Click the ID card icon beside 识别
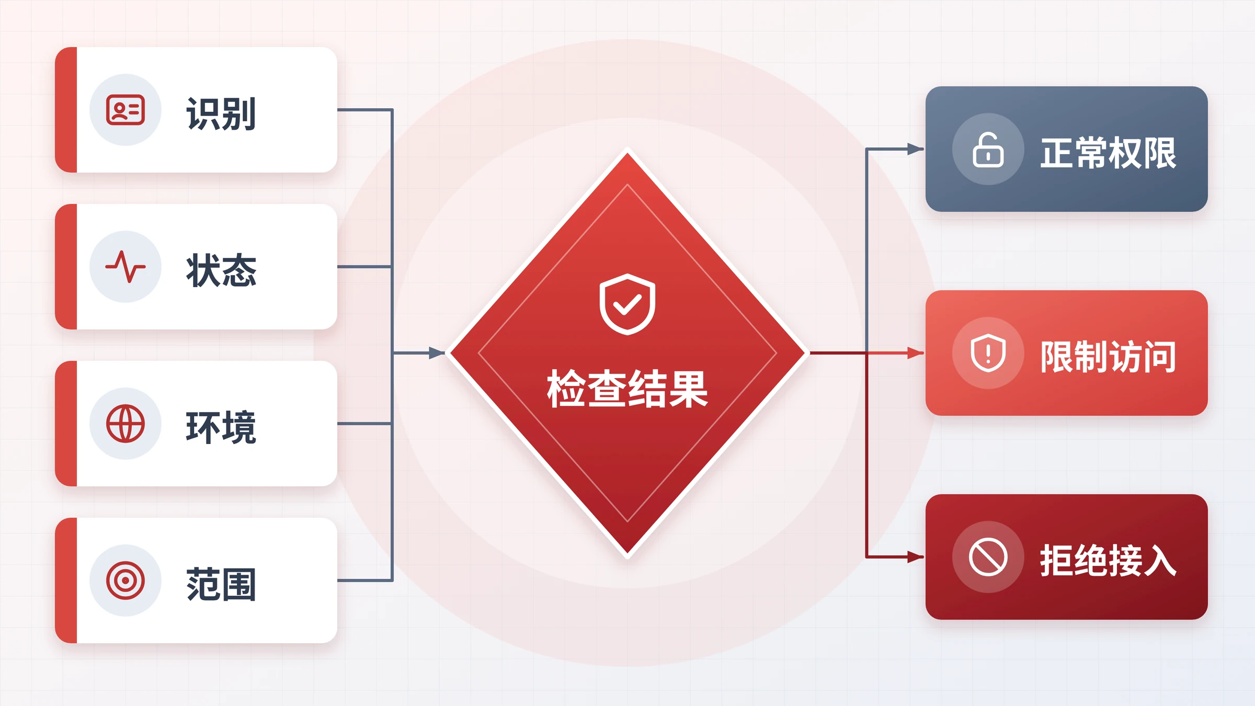(125, 110)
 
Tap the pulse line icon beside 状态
(125, 267)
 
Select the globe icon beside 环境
(125, 424)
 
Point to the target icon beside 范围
(125, 580)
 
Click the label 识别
(221, 113)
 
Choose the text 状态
(221, 270)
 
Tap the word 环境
(221, 427)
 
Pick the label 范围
(221, 584)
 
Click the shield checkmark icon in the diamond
(627, 304)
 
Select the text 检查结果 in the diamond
(627, 389)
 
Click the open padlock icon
(988, 150)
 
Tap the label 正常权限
(1109, 153)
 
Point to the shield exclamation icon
(988, 353)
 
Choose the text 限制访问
(1109, 357)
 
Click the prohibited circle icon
(988, 557)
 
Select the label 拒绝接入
(1109, 561)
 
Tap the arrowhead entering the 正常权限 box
(916, 149)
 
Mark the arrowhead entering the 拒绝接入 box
(916, 557)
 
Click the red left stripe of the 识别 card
(66, 110)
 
